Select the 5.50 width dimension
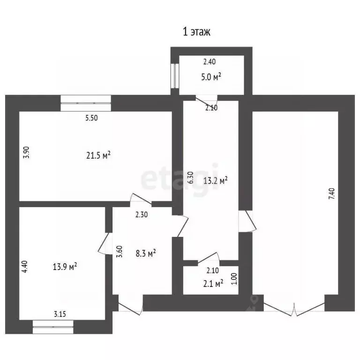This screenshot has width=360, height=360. coord(91,119)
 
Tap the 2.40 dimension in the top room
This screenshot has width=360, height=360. coord(209,61)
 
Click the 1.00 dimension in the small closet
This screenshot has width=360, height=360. coord(234,279)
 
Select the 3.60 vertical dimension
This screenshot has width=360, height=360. coord(120,253)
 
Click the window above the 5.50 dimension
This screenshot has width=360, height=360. coord(86,102)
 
